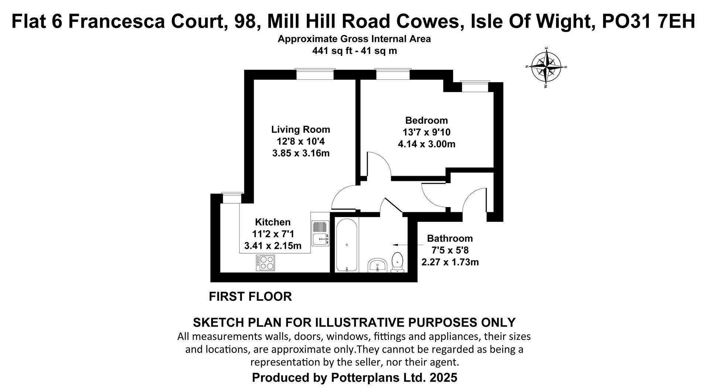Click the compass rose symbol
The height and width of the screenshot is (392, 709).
tap(546, 67)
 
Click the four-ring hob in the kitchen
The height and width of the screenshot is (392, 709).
tap(265, 263)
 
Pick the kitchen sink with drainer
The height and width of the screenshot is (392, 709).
tap(320, 233)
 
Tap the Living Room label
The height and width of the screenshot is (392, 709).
tap(301, 130)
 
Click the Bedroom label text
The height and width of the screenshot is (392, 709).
tap(427, 120)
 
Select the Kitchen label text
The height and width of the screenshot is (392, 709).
tap(273, 222)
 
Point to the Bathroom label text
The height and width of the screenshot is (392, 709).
tap(450, 238)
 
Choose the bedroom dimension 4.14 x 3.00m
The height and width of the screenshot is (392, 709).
tap(427, 144)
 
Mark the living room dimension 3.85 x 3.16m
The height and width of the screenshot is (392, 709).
tap(301, 153)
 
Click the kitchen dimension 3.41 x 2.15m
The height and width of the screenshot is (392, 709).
tap(273, 245)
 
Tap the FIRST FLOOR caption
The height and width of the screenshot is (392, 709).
tap(250, 296)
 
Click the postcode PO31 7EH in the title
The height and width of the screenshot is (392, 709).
tap(648, 21)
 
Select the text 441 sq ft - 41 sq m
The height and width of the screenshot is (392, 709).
tap(354, 51)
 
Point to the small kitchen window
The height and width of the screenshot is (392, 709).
tap(232, 198)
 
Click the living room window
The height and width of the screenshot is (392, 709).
tap(315, 74)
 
